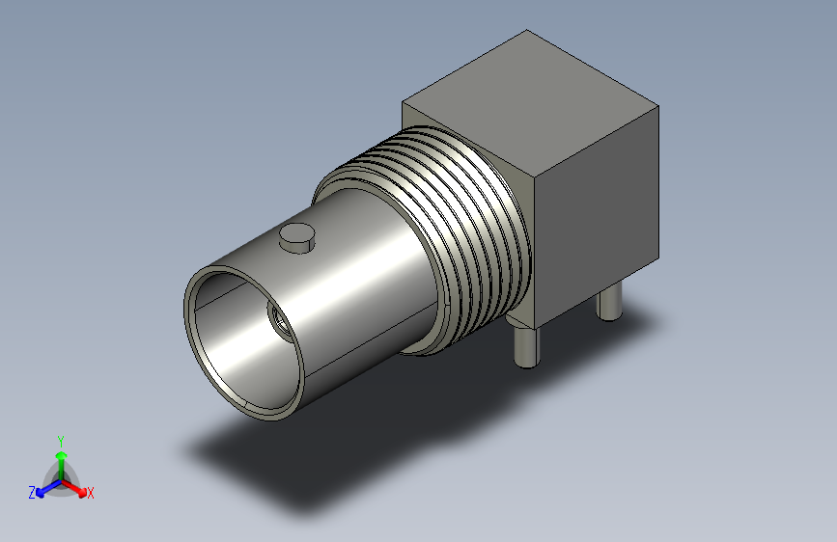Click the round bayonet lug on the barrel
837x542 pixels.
[296, 237]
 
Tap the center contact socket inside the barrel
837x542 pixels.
[280, 322]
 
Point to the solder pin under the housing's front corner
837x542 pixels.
[526, 347]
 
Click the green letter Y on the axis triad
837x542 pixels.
[61, 442]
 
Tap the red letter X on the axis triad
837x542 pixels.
[91, 494]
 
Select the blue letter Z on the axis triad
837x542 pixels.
[32, 493]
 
